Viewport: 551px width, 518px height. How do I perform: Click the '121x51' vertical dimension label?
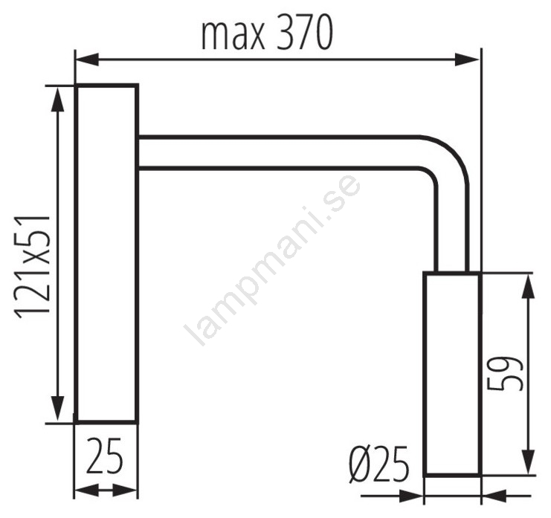pyautogui.click(x=32, y=267)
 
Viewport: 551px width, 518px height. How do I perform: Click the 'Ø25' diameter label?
pyautogui.click(x=379, y=464)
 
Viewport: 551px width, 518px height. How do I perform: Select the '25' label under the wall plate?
pyautogui.click(x=105, y=456)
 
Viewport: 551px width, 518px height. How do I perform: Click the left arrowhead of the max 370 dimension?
pyautogui.click(x=87, y=59)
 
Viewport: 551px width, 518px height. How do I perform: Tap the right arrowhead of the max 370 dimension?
pyautogui.click(x=467, y=59)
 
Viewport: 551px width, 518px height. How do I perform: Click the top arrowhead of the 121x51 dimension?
pyautogui.click(x=58, y=100)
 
